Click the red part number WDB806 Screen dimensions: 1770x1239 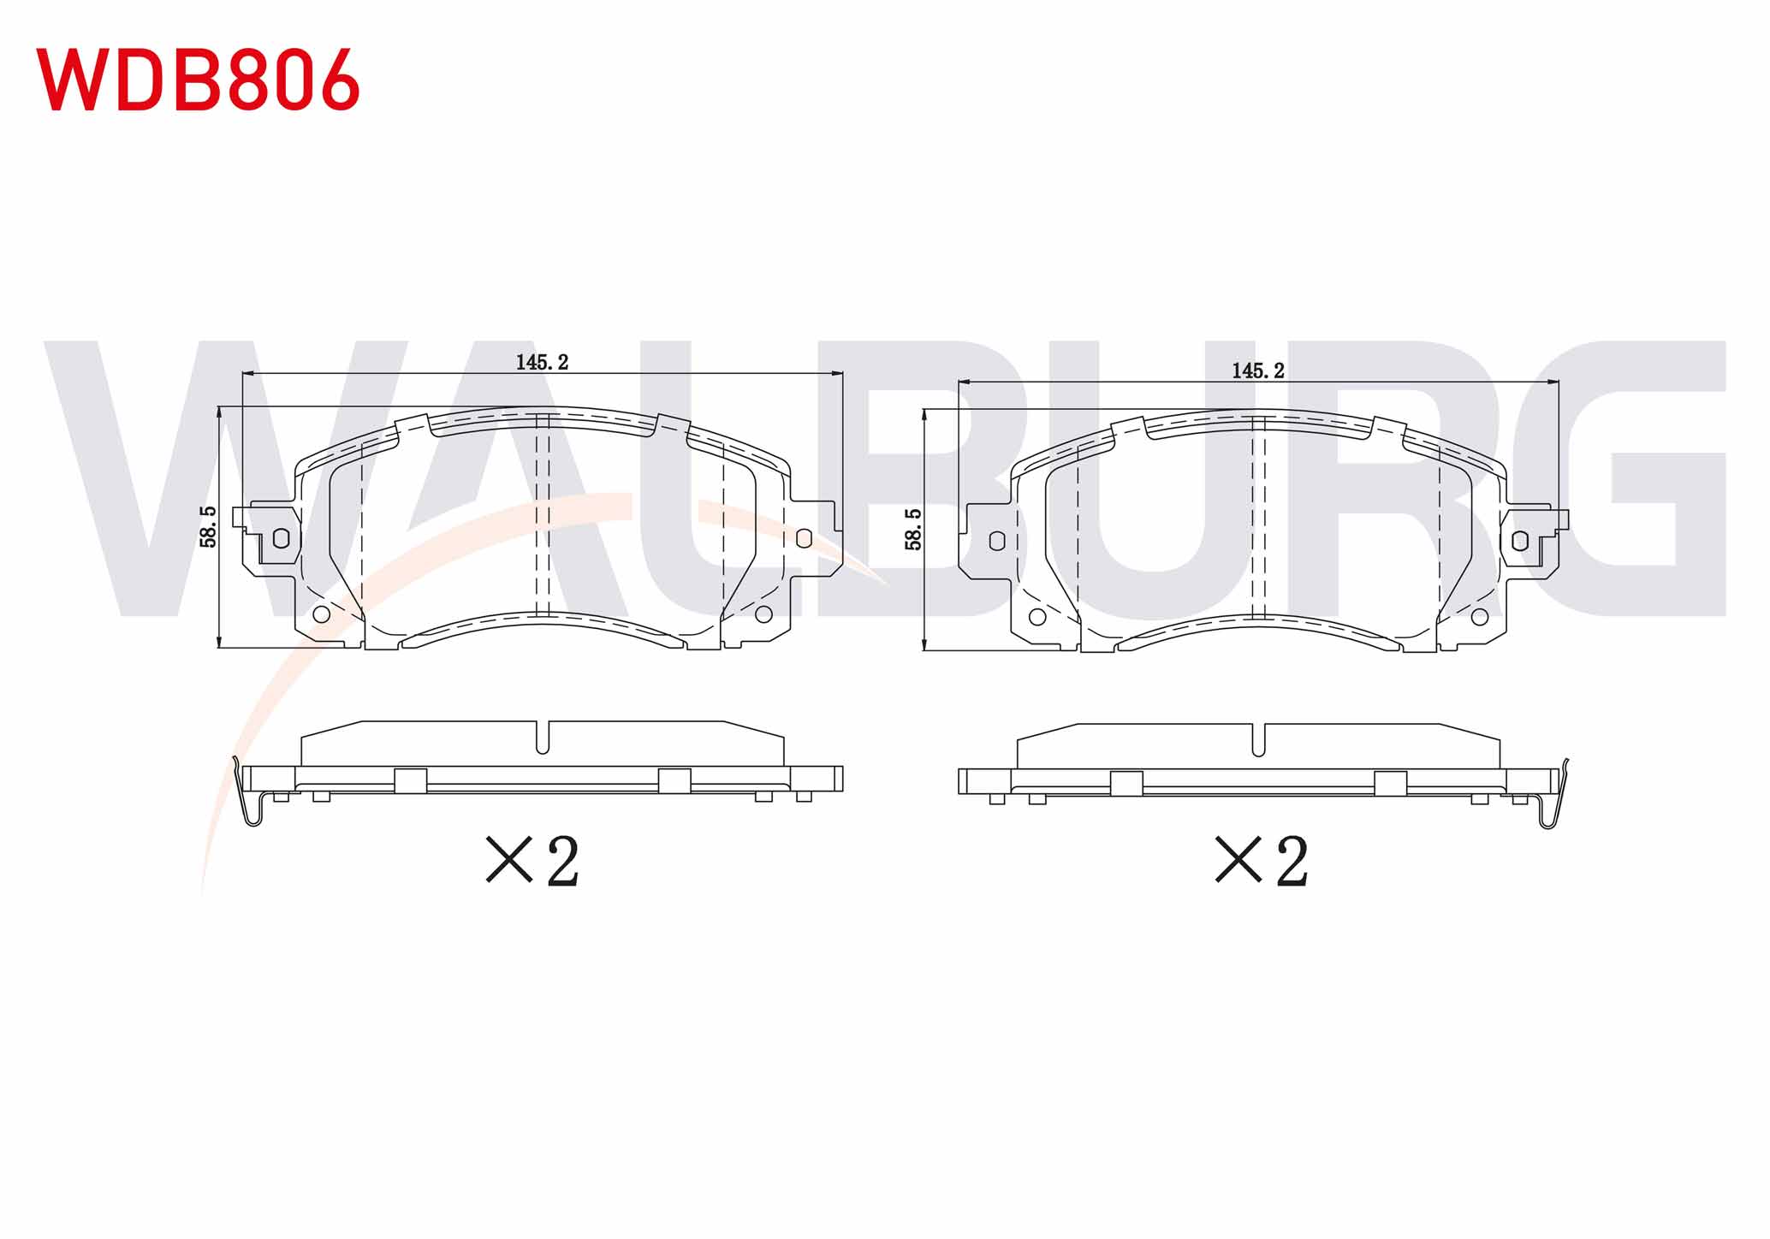[198, 79]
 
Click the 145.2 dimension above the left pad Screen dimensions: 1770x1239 [542, 362]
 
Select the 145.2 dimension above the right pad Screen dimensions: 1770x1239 [1258, 371]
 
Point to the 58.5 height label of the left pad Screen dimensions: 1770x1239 [208, 526]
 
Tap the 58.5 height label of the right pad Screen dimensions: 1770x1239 [913, 529]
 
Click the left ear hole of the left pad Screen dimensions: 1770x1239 [281, 538]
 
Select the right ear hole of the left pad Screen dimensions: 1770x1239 [804, 538]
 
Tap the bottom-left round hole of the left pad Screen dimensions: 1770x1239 [322, 614]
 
